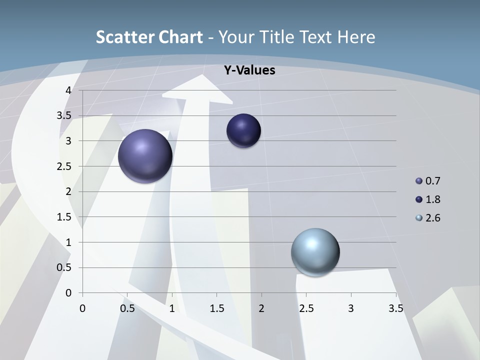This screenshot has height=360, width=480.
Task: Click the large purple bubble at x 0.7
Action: click(x=145, y=156)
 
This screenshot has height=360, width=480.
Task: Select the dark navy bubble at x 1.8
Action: click(x=243, y=131)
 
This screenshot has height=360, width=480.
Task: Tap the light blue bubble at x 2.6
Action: click(x=315, y=251)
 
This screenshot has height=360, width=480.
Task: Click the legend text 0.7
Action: click(x=432, y=181)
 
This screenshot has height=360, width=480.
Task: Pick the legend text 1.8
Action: click(x=432, y=199)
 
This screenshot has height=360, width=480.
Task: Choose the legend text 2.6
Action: click(x=432, y=218)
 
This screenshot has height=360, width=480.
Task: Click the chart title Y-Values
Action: click(x=249, y=70)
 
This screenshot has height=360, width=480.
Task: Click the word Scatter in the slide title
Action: click(x=124, y=37)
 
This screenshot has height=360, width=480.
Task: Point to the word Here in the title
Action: click(x=355, y=37)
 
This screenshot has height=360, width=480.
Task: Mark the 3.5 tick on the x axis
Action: click(x=395, y=308)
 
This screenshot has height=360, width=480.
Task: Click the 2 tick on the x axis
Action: click(x=261, y=308)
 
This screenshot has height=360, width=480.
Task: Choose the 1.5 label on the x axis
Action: click(x=216, y=308)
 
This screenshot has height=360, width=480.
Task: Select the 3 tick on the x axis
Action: click(x=350, y=308)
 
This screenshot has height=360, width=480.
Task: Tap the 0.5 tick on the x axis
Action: click(x=127, y=308)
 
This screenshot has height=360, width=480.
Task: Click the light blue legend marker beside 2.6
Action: click(x=419, y=218)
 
